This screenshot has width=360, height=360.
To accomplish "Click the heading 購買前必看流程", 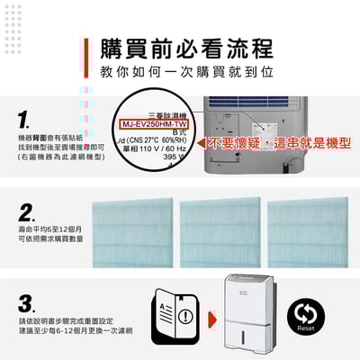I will (187, 49).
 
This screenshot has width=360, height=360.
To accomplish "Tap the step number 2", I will (27, 213).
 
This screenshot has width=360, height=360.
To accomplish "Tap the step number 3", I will (27, 301).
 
